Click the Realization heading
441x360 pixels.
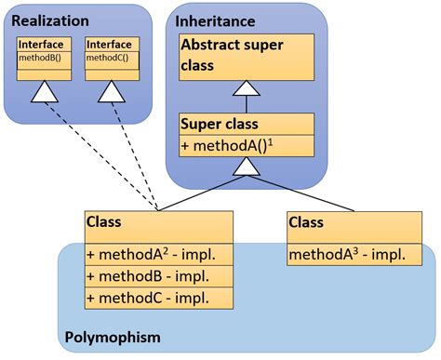click(51, 20)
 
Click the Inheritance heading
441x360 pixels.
click(216, 20)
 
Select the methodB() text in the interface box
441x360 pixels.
click(39, 57)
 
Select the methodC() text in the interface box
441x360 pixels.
click(106, 57)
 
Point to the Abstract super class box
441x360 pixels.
click(247, 56)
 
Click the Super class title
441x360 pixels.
click(220, 125)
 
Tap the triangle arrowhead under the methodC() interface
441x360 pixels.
click(112, 90)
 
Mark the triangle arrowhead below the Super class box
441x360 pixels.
click(247, 166)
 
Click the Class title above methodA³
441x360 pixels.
click(306, 223)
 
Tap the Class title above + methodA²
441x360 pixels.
click(104, 223)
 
